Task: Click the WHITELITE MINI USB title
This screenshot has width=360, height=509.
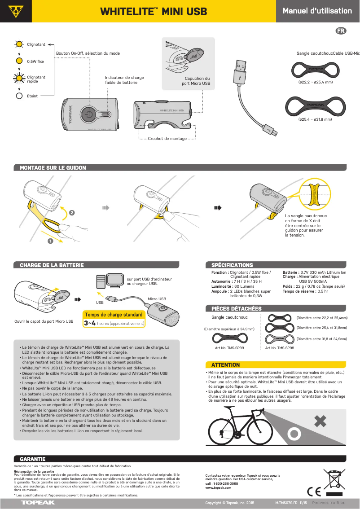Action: (153, 11)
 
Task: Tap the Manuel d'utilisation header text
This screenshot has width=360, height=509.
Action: (317, 11)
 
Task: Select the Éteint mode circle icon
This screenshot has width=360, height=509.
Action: (19, 96)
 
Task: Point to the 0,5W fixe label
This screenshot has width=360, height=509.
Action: (35, 61)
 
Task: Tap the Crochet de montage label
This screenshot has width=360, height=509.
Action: (167, 139)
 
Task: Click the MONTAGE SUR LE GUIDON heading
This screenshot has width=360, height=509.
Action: (53, 168)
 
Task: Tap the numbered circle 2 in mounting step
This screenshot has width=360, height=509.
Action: (72, 211)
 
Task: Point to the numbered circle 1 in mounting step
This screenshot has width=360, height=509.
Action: (50, 241)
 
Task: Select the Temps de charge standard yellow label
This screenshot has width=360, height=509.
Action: (114, 315)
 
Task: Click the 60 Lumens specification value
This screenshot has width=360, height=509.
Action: (244, 286)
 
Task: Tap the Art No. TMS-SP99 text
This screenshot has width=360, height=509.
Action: (229, 348)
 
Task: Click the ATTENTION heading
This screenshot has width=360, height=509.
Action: (225, 364)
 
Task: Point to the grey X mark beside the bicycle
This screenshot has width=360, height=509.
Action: (320, 421)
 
